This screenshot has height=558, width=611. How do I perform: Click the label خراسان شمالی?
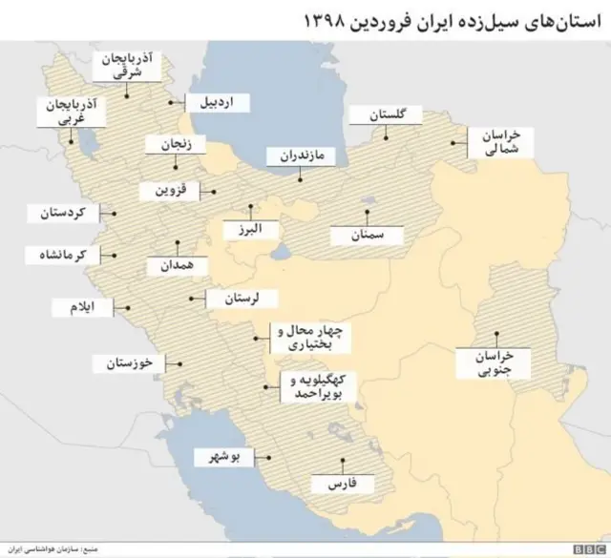(x=500, y=142)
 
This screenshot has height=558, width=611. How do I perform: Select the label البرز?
(x=251, y=229)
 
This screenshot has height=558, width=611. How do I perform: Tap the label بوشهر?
(x=222, y=458)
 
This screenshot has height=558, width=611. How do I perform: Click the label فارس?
(x=334, y=485)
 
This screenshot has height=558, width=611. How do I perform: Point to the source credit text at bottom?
(x=57, y=548)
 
